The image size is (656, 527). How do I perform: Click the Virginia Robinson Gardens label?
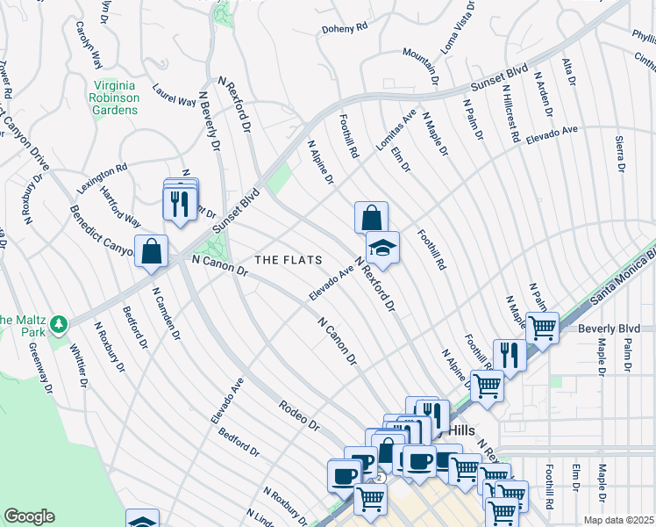tap(115, 97)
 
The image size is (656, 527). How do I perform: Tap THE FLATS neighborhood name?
tap(289, 260)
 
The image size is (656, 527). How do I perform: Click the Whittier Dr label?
tap(80, 362)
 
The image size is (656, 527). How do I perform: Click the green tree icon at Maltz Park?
tap(59, 325)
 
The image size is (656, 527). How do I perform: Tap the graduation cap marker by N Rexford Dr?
tap(382, 249)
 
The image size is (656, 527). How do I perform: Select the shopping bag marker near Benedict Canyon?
tap(152, 250)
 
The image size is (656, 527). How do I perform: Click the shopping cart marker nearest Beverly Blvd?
tap(542, 328)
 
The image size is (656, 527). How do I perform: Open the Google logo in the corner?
tap(29, 516)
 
